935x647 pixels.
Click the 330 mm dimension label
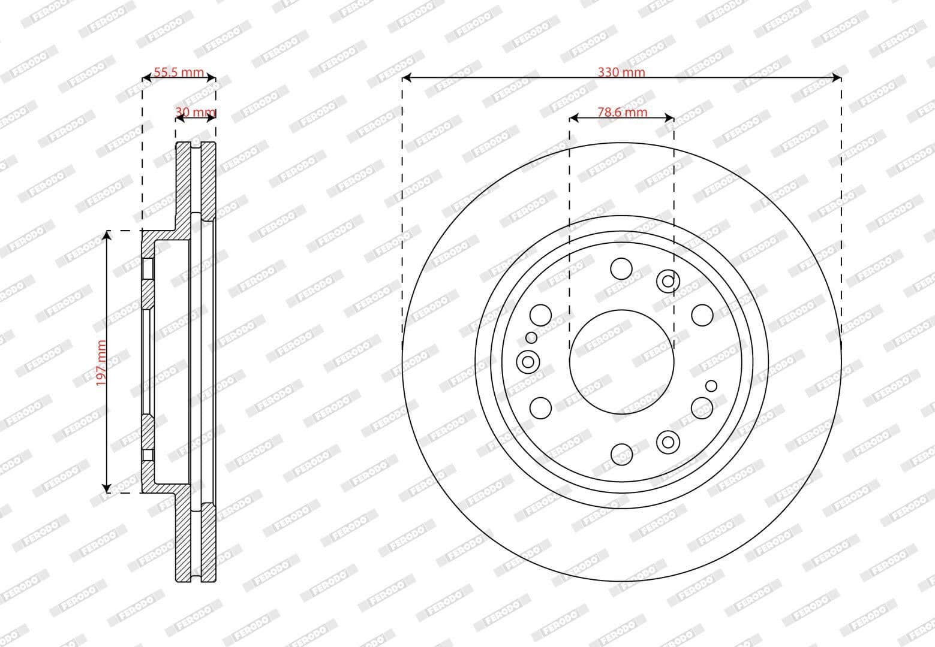pyautogui.click(x=621, y=72)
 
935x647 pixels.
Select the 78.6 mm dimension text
pyautogui.click(x=622, y=112)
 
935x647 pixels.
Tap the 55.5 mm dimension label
pyautogui.click(x=179, y=72)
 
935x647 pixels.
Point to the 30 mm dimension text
pyautogui.click(x=195, y=112)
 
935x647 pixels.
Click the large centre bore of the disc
pyautogui.click(x=621, y=361)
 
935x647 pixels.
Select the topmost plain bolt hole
pyautogui.click(x=621, y=268)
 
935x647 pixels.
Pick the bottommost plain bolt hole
pyautogui.click(x=621, y=453)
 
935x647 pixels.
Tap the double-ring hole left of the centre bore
pyautogui.click(x=528, y=361)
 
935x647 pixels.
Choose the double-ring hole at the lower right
pyautogui.click(x=668, y=442)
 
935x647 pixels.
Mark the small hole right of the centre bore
pyautogui.click(x=711, y=385)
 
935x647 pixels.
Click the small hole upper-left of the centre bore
pyautogui.click(x=531, y=338)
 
